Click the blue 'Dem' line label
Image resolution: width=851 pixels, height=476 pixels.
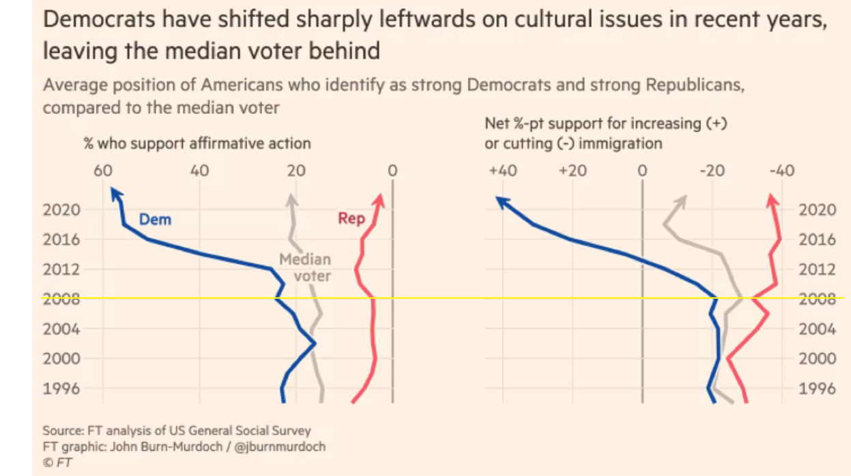(155, 220)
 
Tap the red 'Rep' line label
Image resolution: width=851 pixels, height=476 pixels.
(351, 219)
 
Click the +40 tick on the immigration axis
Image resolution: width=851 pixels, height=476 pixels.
(502, 170)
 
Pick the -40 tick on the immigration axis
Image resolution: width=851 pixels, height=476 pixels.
(782, 170)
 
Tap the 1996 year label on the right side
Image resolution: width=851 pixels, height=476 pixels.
(817, 388)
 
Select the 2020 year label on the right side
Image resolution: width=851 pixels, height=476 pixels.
(817, 209)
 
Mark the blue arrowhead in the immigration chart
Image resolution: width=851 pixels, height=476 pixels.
(501, 200)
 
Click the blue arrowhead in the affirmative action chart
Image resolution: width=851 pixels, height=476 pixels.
(116, 195)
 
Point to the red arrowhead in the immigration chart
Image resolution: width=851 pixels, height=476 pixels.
(772, 199)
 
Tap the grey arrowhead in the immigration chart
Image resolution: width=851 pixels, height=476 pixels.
(682, 200)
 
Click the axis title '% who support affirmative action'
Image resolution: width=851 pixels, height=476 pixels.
(197, 143)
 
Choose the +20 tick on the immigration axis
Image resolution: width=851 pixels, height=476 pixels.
(572, 170)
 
